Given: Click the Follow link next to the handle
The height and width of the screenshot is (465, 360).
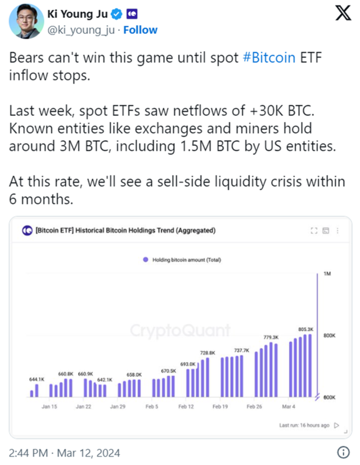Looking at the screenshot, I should click(141, 30).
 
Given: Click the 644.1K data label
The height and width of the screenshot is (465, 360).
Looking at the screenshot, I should click(37, 379).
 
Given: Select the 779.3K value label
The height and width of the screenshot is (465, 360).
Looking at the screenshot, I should click(272, 337).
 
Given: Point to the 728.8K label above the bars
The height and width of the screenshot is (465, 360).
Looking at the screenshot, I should click(208, 352).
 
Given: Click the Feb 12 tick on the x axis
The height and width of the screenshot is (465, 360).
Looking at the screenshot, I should click(186, 406).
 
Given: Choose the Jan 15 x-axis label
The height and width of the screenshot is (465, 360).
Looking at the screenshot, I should click(49, 406).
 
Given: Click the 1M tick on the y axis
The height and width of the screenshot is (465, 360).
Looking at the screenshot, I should click(327, 274).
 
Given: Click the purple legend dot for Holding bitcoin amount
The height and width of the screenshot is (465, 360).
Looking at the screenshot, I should click(146, 260).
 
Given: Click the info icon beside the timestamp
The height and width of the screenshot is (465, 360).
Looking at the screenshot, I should click(343, 452).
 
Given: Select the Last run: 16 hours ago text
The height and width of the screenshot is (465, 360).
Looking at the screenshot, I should click(304, 425).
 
